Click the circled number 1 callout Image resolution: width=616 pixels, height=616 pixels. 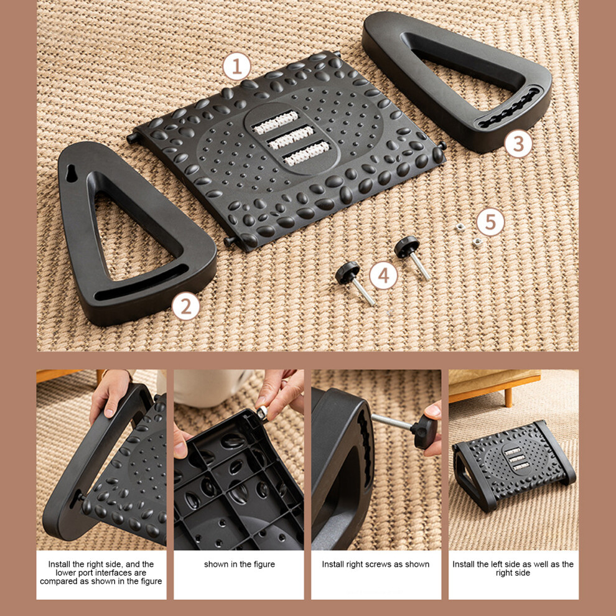[236, 67]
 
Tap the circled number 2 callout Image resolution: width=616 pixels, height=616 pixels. [185, 306]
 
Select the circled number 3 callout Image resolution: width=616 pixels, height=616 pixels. [518, 144]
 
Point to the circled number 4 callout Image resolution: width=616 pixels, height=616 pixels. [383, 276]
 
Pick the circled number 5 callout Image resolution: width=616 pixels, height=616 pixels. [490, 222]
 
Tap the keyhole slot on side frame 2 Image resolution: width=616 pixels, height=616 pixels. [71, 173]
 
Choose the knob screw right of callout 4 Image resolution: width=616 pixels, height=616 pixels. [412, 257]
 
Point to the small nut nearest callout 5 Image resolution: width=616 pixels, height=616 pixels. [477, 241]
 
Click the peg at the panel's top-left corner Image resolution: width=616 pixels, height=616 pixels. [133, 138]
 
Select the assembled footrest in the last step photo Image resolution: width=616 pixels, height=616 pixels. [513, 465]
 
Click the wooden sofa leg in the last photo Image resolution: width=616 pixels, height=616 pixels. [508, 397]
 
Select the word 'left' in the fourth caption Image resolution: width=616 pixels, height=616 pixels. [506, 564]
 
